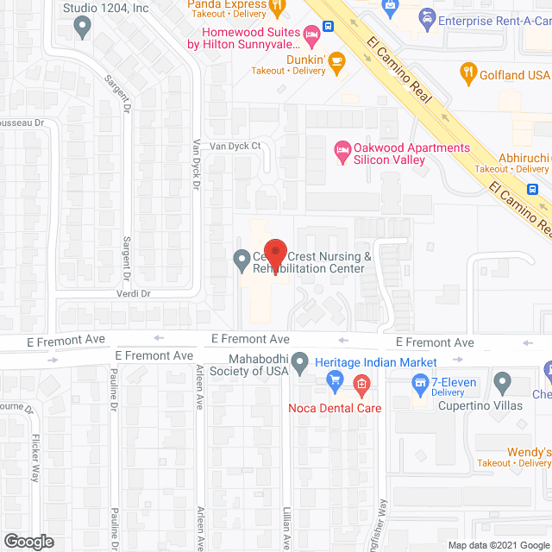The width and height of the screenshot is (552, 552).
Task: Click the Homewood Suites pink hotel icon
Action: pos(311,34)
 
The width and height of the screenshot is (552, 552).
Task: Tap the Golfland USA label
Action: pos(516,75)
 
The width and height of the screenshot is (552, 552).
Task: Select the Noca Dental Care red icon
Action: pos(362,382)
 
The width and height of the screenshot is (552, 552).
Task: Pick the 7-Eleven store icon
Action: pos(421,381)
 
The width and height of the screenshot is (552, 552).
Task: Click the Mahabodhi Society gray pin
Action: pos(299,364)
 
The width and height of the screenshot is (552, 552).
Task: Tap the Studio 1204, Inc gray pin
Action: pos(83,28)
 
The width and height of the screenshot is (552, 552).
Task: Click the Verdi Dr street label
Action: pos(133,293)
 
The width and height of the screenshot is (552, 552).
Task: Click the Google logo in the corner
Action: pos(28,542)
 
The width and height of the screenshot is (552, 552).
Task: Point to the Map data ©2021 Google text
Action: pos(498,544)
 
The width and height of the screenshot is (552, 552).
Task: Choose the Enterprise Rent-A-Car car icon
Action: pos(426,18)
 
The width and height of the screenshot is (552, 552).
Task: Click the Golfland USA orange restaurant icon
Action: pos(468,74)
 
